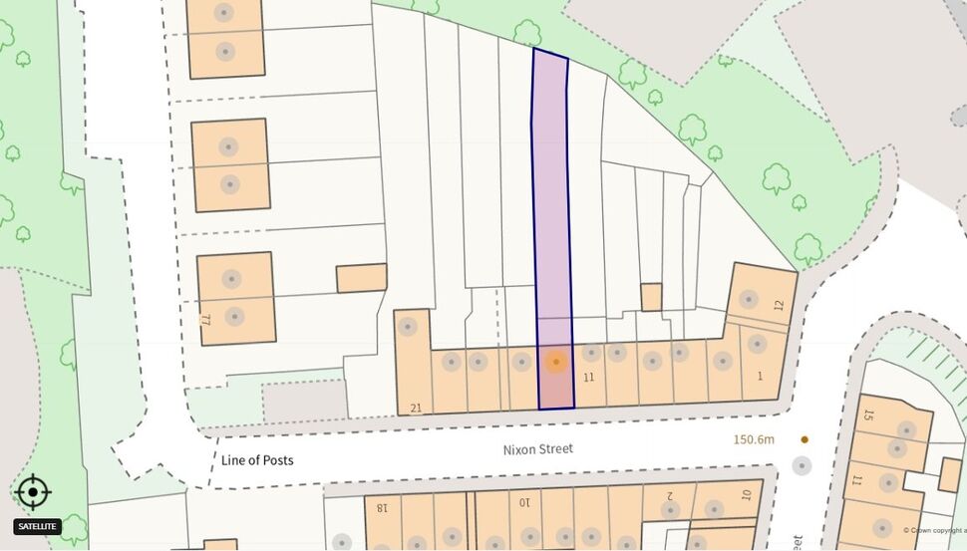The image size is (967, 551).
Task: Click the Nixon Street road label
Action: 537,449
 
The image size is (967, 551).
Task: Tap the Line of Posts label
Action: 257,460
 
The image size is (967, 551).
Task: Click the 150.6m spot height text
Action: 754,439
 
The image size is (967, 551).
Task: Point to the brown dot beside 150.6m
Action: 805,439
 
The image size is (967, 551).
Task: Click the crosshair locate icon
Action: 33,492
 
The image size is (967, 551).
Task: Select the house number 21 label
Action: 417,408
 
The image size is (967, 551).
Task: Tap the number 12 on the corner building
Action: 779,305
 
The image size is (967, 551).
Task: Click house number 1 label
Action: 760,376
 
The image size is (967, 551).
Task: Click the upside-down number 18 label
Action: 381,507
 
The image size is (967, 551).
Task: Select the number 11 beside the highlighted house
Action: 588,378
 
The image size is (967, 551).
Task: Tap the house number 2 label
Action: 670,495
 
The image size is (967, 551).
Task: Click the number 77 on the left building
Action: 207,320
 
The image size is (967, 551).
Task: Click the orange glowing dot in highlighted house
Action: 556,362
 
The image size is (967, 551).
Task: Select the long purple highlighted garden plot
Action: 551,199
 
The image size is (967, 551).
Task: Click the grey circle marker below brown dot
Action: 802,465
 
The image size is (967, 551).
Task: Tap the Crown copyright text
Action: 934,531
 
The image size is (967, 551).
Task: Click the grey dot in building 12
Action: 748,299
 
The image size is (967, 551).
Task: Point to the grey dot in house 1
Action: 757,345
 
